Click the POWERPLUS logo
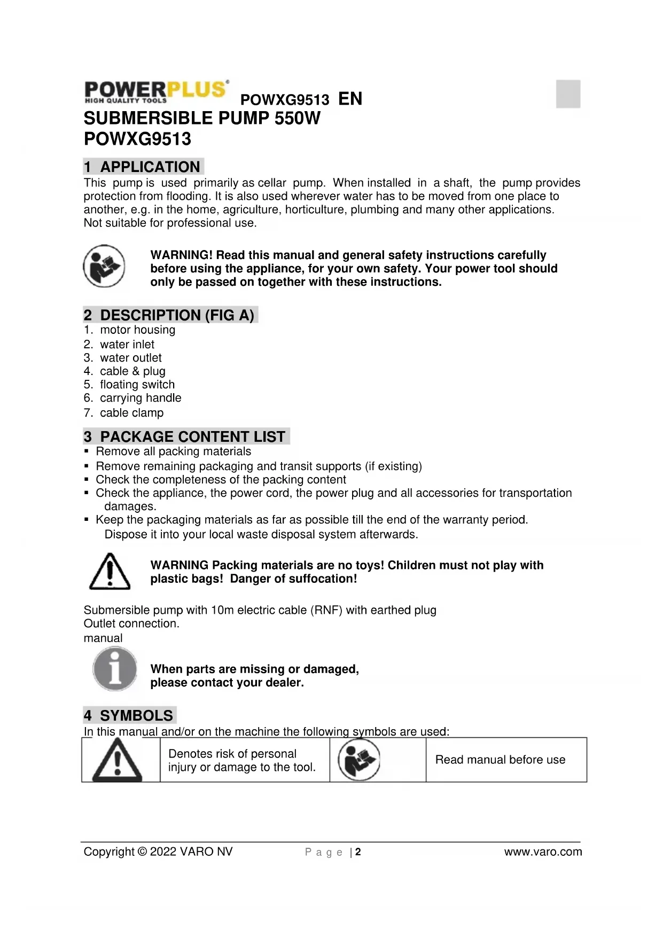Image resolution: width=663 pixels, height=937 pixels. point(156,91)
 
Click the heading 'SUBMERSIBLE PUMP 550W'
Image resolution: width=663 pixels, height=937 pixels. point(202,118)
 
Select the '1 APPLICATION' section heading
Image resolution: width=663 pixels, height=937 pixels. point(143,167)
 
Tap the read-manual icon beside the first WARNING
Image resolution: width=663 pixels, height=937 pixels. point(104,266)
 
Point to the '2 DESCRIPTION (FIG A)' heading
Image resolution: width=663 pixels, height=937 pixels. point(169,315)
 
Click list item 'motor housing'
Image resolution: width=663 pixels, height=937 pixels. point(137,330)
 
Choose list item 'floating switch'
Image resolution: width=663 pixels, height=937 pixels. point(137,385)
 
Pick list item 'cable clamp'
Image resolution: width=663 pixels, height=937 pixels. point(131,413)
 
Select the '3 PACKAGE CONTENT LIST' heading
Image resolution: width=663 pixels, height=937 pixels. point(185,437)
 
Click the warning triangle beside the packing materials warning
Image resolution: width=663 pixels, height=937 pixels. point(110,572)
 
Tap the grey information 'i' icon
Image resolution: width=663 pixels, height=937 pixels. point(114,668)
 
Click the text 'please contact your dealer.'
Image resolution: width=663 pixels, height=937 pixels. point(227,683)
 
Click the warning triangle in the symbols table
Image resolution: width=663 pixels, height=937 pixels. point(118,760)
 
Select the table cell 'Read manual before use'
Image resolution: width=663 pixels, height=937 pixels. point(500,760)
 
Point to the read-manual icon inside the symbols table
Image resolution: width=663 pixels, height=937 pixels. point(359,760)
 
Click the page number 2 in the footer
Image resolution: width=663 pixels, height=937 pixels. point(358,852)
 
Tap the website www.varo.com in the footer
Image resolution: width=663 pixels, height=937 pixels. point(543,852)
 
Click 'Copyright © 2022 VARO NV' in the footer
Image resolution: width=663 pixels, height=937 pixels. point(158,852)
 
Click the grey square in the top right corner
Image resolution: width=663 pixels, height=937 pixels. point(568,94)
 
